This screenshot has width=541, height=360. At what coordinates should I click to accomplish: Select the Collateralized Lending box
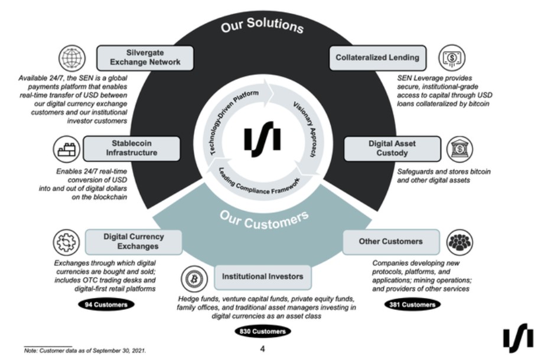(x=377, y=57)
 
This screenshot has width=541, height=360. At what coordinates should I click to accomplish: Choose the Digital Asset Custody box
(x=392, y=148)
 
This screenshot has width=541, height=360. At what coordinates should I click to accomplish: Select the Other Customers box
(x=391, y=241)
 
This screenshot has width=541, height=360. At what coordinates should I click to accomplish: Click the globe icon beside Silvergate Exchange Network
(x=71, y=58)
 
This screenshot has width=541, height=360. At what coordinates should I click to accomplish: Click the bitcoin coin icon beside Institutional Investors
(x=192, y=277)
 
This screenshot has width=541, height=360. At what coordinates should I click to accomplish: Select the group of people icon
(x=459, y=242)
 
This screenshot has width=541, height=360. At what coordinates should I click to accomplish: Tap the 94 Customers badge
(x=106, y=305)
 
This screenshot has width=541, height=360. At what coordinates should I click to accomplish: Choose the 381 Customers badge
(x=413, y=305)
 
